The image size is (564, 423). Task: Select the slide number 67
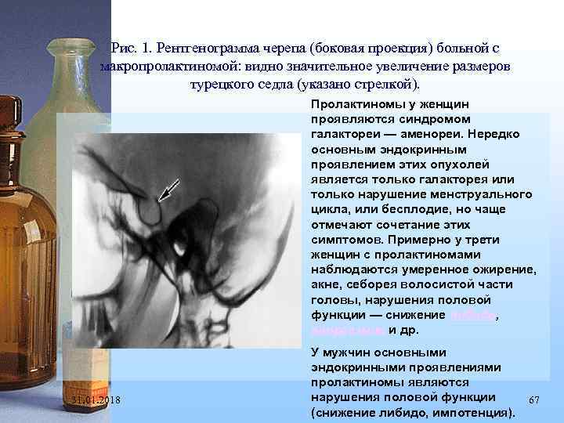(535, 399)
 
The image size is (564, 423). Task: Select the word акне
(325, 284)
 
